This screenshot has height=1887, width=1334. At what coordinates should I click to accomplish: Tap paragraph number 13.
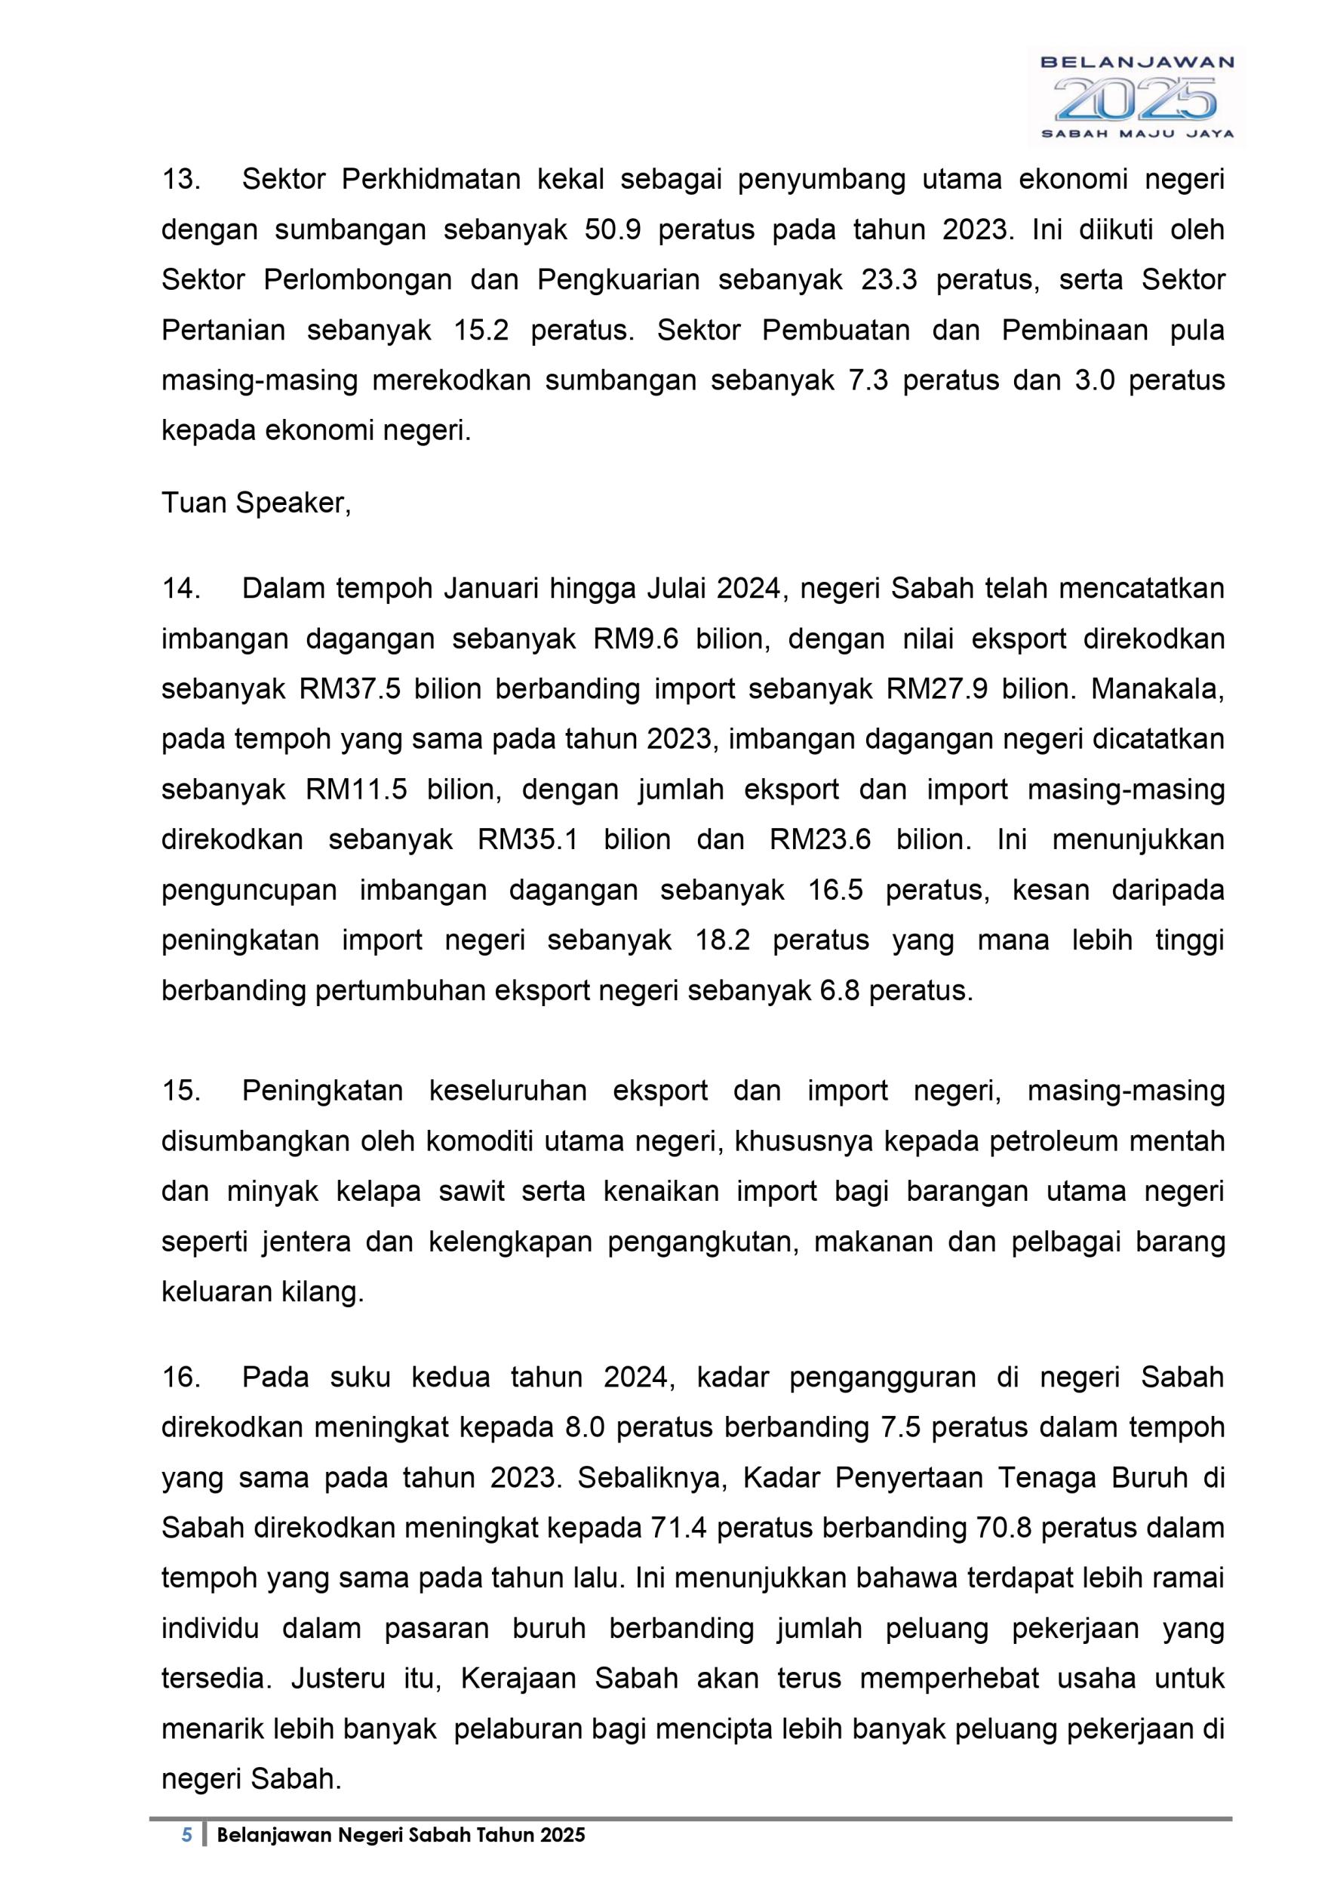pyautogui.click(x=181, y=179)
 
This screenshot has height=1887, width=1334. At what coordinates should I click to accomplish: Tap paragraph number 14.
pyautogui.click(x=181, y=589)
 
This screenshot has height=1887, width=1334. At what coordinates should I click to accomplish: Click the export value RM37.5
pyautogui.click(x=350, y=688)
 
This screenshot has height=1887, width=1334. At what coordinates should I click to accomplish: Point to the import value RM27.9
pyautogui.click(x=937, y=688)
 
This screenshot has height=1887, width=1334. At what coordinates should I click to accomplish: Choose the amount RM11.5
pyautogui.click(x=356, y=790)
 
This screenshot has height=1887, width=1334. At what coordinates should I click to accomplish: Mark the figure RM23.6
pyautogui.click(x=819, y=840)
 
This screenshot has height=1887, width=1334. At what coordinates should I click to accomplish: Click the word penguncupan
pyautogui.click(x=249, y=890)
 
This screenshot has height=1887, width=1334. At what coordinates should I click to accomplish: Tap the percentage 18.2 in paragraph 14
pyautogui.click(x=723, y=940)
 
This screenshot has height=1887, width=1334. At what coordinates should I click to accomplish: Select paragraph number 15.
pyautogui.click(x=181, y=1091)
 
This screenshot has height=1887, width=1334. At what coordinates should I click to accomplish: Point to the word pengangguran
pyautogui.click(x=882, y=1377)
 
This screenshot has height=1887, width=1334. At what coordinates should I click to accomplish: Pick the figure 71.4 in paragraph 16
pyautogui.click(x=678, y=1527)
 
